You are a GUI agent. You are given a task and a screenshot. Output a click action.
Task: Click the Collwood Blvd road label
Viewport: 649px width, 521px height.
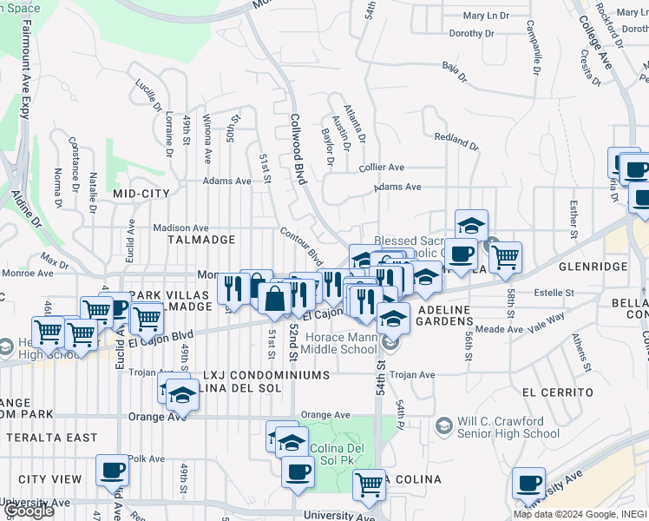[298, 148]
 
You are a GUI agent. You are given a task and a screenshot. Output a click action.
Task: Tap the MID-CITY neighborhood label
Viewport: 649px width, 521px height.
[141, 194]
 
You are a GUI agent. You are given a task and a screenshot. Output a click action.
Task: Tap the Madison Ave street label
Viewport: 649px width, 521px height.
[180, 228]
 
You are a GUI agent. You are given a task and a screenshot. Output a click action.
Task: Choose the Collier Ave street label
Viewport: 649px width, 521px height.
[382, 167]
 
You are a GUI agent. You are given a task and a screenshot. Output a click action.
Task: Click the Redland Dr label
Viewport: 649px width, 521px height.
[456, 140]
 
